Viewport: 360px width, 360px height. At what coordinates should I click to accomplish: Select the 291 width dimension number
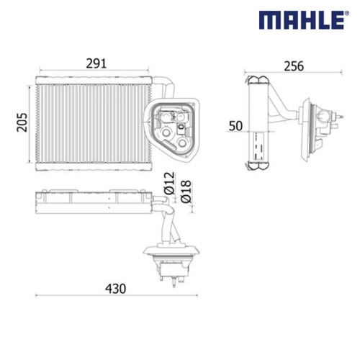pyautogui.click(x=96, y=63)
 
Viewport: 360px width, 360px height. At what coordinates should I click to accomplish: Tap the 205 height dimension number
pyautogui.click(x=22, y=122)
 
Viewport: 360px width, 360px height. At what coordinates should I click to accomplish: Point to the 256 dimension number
pyautogui.click(x=294, y=66)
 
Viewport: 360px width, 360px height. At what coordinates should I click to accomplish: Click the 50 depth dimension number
pyautogui.click(x=235, y=126)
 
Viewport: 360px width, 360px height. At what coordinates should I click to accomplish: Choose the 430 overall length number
pyautogui.click(x=115, y=289)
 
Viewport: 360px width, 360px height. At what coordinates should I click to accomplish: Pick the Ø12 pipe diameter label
pyautogui.click(x=169, y=183)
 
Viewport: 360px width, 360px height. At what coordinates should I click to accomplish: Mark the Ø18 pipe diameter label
pyautogui.click(x=186, y=192)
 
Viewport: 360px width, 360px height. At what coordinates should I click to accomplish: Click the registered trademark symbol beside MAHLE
pyautogui.click(x=347, y=13)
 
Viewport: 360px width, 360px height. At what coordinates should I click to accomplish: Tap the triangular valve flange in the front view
pyautogui.click(x=172, y=129)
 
